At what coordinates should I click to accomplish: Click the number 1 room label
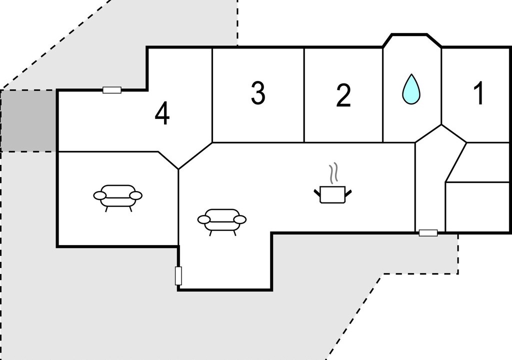coord(479,94)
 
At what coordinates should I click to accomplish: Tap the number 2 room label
coord(343,95)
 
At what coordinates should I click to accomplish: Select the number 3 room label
coord(258,93)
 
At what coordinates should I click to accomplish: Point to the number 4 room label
coord(162,113)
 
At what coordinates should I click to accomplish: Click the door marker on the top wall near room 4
coord(112,90)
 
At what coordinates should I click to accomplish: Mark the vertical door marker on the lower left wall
coord(178,275)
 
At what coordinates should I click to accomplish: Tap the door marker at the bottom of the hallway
coord(428,233)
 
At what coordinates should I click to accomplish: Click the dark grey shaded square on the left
coord(28,121)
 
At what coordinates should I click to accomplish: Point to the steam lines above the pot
coord(333,172)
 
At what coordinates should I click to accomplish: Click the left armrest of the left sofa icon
coord(99,195)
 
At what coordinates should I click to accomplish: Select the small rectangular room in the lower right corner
coord(477,207)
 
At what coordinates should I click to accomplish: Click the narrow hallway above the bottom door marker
coord(430,183)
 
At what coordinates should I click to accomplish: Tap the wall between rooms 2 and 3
coord(304,95)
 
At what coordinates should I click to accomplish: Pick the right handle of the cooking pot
coord(348,193)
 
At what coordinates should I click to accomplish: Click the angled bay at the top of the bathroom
coord(412,41)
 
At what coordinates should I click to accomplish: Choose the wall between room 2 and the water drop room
coord(382,95)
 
